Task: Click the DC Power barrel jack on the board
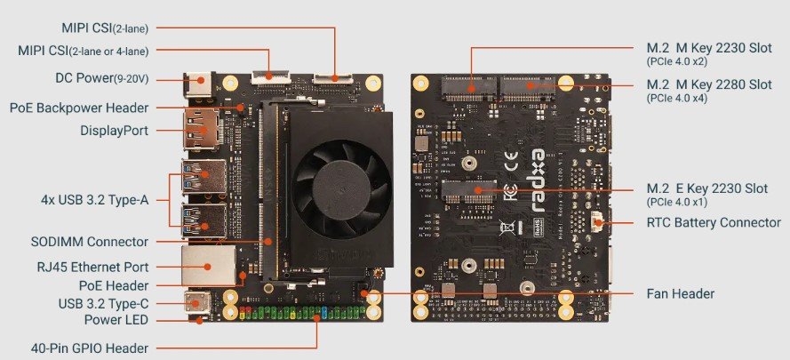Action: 199,84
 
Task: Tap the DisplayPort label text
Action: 115,131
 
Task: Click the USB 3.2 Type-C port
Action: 197,303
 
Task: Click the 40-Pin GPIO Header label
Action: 90,348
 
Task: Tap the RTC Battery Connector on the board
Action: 598,222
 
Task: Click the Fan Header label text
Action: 680,293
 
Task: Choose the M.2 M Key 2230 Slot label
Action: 709,48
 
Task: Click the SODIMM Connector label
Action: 90,242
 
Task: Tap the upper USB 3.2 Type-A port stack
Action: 204,177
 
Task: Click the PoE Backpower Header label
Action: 79,108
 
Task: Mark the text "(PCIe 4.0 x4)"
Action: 676,99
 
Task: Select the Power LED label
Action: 116,320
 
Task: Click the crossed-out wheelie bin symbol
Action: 507,228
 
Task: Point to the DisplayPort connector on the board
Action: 201,130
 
